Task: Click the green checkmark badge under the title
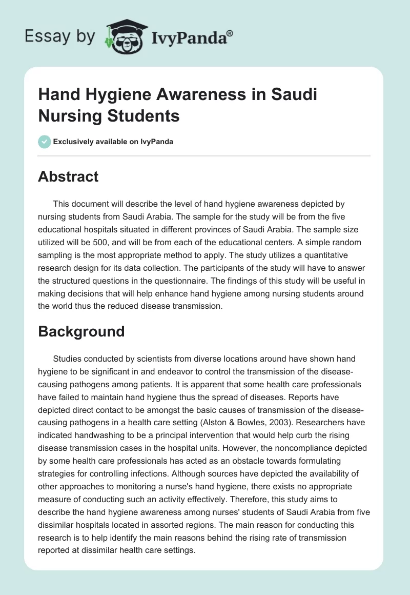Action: (44, 142)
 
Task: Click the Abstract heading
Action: (68, 176)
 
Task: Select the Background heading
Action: (81, 331)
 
